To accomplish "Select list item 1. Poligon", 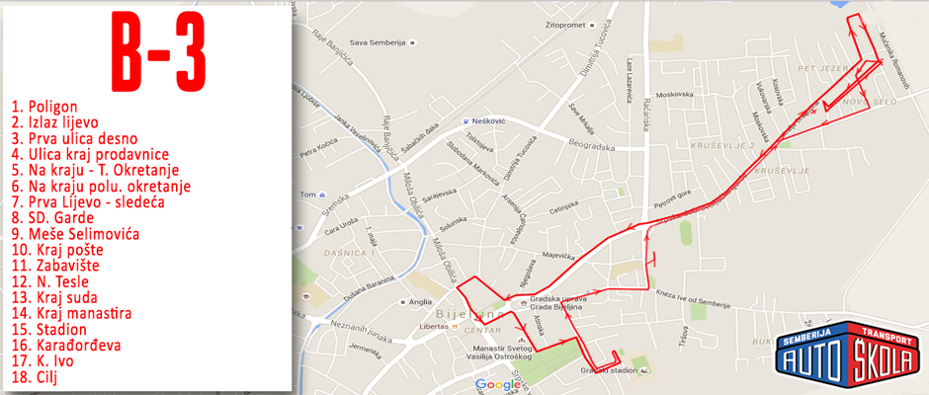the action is click(x=44, y=107).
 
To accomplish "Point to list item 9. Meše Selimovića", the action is click(x=75, y=234).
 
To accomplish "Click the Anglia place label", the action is click(x=420, y=302).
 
